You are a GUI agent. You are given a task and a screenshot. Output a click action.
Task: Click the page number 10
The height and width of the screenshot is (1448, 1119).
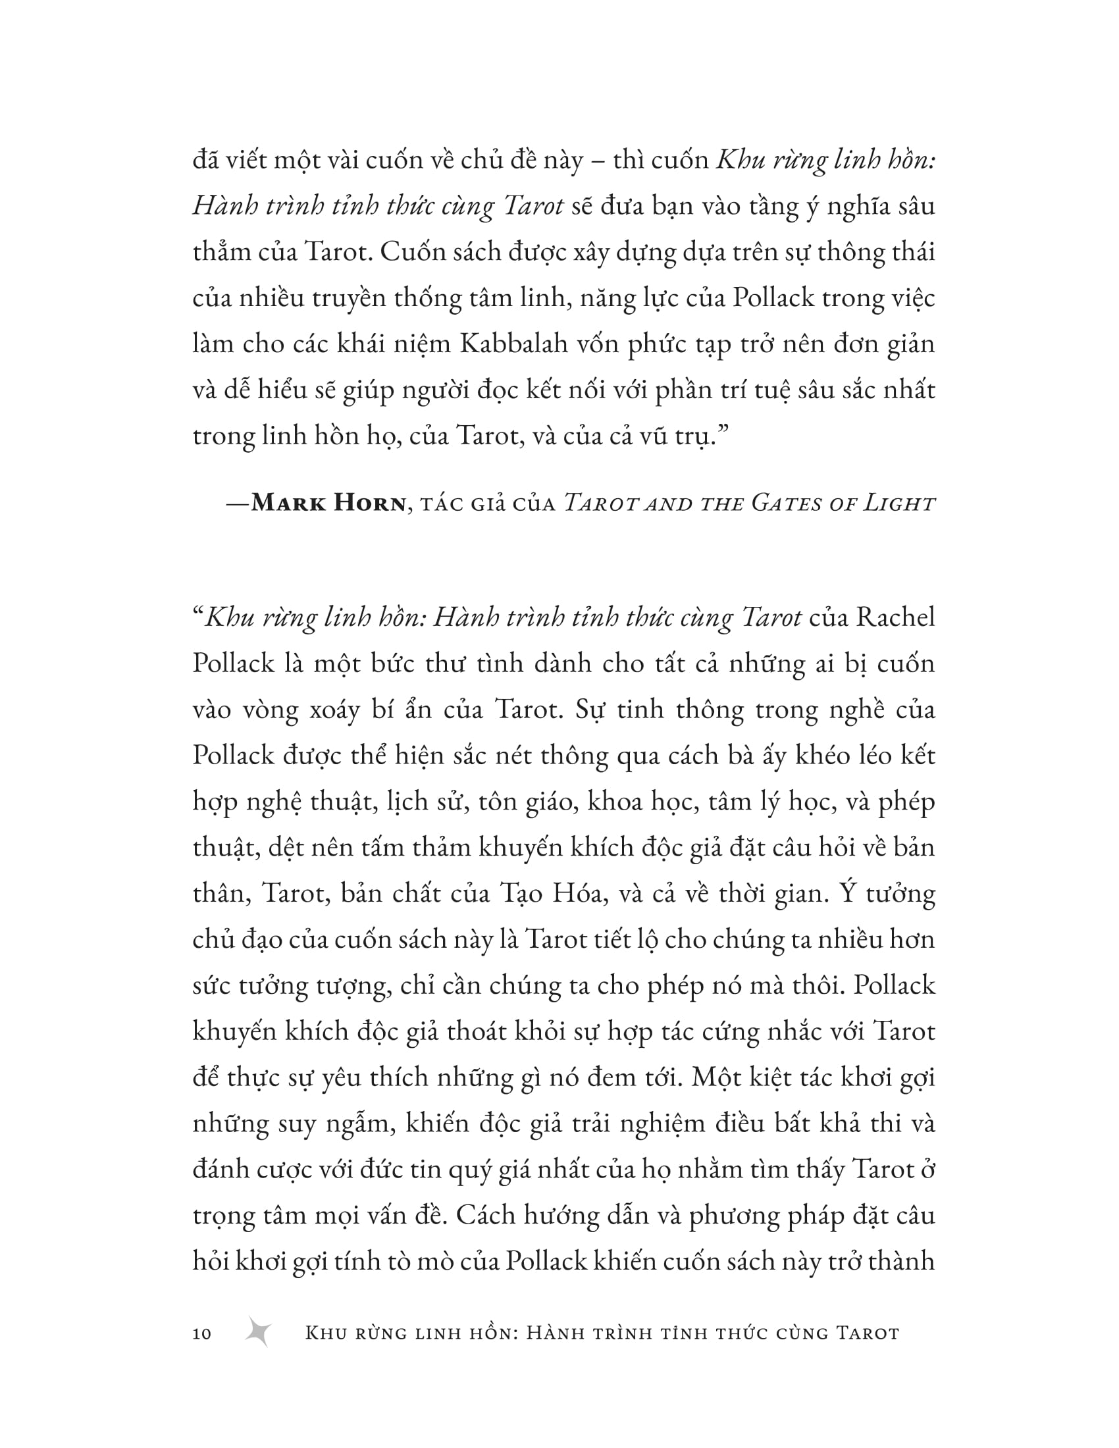pyautogui.click(x=201, y=1333)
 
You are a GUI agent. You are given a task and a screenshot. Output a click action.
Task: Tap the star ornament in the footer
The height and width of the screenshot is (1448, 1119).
pyautogui.click(x=258, y=1332)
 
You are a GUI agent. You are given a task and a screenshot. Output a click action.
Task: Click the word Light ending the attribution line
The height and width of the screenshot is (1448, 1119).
pyautogui.click(x=900, y=504)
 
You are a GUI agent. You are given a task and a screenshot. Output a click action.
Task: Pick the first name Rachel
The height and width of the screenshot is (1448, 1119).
pyautogui.click(x=895, y=617)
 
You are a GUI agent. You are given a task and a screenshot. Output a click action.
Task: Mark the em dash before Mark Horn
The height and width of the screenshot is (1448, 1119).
pyautogui.click(x=238, y=504)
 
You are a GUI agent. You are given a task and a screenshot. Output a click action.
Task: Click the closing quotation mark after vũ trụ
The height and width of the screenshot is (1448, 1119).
pyautogui.click(x=723, y=435)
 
